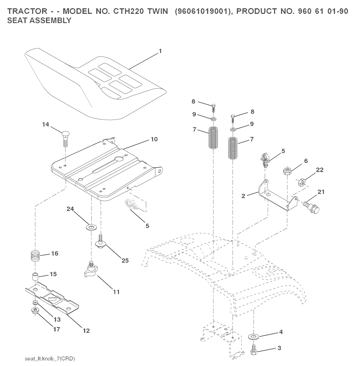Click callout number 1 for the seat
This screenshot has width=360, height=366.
click(x=160, y=51)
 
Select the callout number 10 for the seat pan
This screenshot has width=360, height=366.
click(x=154, y=139)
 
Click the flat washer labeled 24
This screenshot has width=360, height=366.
click(x=91, y=227)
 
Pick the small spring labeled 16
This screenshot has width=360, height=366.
click(x=36, y=256)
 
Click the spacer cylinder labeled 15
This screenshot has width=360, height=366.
click(x=35, y=277)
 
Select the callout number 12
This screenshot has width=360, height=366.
click(x=86, y=330)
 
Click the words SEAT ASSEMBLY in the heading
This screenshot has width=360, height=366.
click(x=39, y=20)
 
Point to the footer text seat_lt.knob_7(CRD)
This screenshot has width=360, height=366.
click(x=50, y=359)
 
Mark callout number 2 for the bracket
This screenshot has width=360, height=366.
click(x=243, y=196)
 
